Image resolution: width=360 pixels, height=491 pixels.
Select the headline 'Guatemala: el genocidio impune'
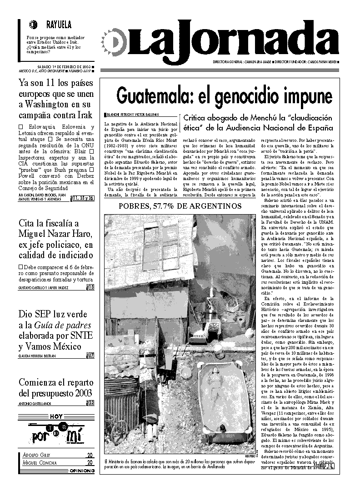tap(224, 95)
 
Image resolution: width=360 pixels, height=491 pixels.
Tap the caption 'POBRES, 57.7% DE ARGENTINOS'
tap(180, 206)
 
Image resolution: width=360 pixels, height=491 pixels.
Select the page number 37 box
tap(91, 356)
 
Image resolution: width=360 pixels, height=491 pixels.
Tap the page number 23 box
tap(91, 402)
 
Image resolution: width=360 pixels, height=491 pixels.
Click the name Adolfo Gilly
tap(36, 455)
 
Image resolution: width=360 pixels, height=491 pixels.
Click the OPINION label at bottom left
tap(82, 471)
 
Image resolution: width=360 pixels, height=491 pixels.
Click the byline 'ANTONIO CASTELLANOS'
tap(35, 403)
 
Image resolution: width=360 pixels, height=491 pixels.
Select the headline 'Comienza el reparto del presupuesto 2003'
tap(56, 387)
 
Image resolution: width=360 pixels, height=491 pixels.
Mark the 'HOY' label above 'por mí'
tap(56, 416)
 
